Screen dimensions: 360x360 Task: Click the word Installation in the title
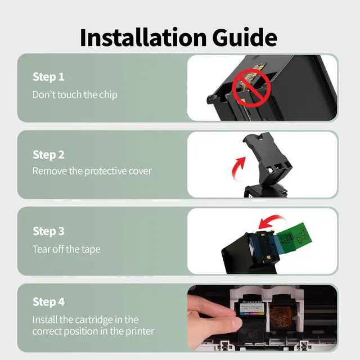[x=143, y=38]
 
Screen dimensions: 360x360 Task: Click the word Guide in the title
[x=245, y=38]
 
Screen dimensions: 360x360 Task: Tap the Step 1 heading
[x=48, y=77]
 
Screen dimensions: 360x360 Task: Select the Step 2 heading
[x=48, y=155]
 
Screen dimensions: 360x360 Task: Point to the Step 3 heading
[x=48, y=231]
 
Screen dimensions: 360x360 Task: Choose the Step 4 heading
[x=48, y=302]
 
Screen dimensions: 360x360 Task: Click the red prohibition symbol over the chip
[x=251, y=88]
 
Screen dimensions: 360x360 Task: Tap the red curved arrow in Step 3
[x=272, y=221]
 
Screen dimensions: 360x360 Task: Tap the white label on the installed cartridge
[x=251, y=309]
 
